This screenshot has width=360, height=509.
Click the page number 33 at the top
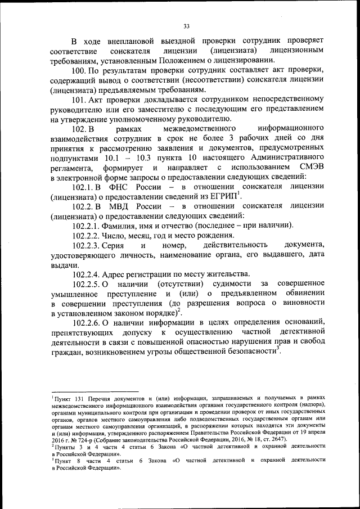pos(186,25)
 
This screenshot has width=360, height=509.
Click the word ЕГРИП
pos(223,198)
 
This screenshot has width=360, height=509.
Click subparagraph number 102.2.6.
pos(87,325)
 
